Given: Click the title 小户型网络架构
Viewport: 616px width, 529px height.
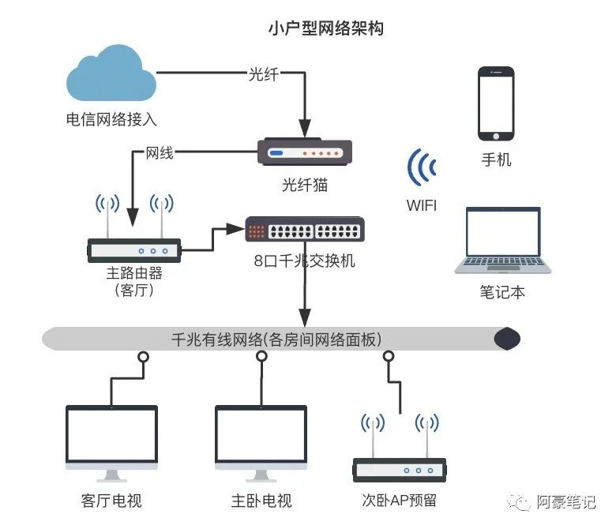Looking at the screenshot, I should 326,28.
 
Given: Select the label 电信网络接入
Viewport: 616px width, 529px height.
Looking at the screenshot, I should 111,120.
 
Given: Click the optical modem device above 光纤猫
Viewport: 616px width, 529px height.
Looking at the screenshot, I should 305,153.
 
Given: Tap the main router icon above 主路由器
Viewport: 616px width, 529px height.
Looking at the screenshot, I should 133,249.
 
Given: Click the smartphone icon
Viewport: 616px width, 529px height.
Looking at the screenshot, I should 496,103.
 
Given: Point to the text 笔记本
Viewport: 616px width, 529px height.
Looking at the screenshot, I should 502,292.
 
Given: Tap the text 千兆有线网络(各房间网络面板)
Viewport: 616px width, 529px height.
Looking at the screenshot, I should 276,340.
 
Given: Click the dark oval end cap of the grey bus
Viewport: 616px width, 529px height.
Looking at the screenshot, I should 507,340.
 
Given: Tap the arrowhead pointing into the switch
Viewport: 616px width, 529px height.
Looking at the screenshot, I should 234,229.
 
